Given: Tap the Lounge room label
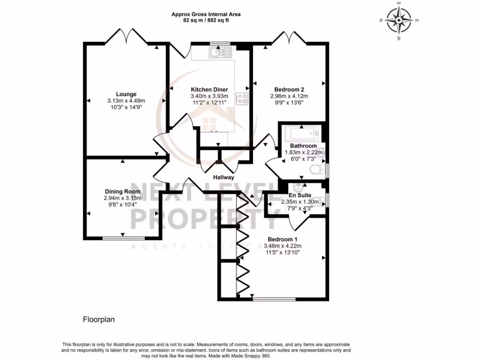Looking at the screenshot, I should [126, 94].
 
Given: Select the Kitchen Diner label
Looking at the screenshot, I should [209, 90].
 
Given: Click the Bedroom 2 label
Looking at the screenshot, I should [290, 90].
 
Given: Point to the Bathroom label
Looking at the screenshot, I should [303, 146].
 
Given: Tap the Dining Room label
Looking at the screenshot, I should [122, 191].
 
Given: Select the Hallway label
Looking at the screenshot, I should [224, 178].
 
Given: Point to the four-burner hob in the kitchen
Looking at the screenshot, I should [243, 98].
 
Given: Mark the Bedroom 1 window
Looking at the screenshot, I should [274, 299].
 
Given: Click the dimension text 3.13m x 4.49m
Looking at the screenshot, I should [126, 101].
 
